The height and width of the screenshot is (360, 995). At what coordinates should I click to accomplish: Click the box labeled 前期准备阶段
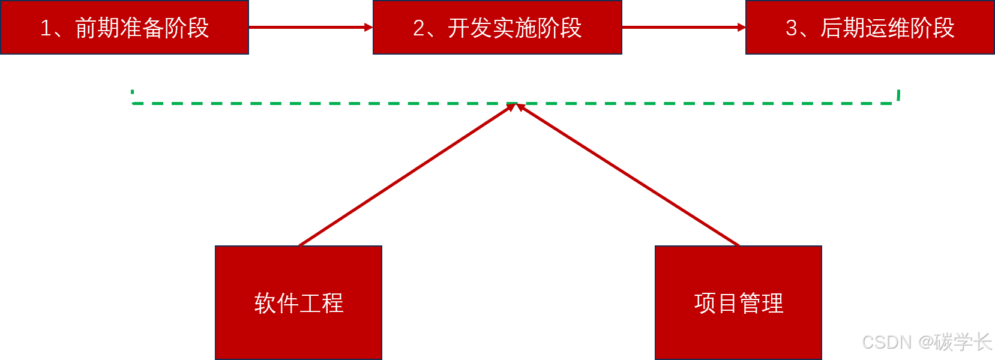124,28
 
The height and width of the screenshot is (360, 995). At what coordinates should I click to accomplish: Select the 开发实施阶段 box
497,28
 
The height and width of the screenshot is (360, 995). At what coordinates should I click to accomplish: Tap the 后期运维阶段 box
870,28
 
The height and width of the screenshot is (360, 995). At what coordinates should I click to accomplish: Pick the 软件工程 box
298,302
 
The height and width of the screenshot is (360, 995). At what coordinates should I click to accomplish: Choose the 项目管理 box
738,302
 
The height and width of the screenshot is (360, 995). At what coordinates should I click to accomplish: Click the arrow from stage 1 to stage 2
310,27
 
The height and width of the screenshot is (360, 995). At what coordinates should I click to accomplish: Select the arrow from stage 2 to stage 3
684,27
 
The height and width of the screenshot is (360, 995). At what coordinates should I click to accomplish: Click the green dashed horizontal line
300,103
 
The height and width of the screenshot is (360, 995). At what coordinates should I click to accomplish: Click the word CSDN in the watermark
885,341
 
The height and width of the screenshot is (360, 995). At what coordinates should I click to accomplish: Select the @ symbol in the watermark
925,341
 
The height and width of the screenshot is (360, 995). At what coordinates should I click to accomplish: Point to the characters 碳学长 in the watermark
962,341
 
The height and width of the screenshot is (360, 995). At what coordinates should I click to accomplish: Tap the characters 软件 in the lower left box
276,303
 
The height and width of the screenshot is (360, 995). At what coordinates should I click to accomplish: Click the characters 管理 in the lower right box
761,303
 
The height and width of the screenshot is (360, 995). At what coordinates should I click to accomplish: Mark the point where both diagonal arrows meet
516,105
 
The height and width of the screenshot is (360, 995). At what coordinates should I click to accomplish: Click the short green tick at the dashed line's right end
898,95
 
